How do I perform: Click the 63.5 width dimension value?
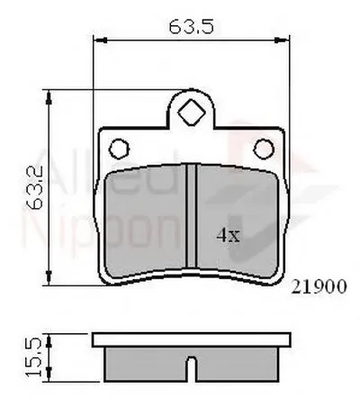tap(190, 27)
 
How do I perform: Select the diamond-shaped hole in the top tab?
tap(190, 114)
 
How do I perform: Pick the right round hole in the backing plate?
tap(264, 147)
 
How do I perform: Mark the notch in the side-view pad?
tap(191, 368)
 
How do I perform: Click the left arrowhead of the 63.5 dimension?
tap(99, 41)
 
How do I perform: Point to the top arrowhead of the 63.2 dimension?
tap(47, 94)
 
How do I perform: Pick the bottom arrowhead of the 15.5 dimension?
tap(47, 377)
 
